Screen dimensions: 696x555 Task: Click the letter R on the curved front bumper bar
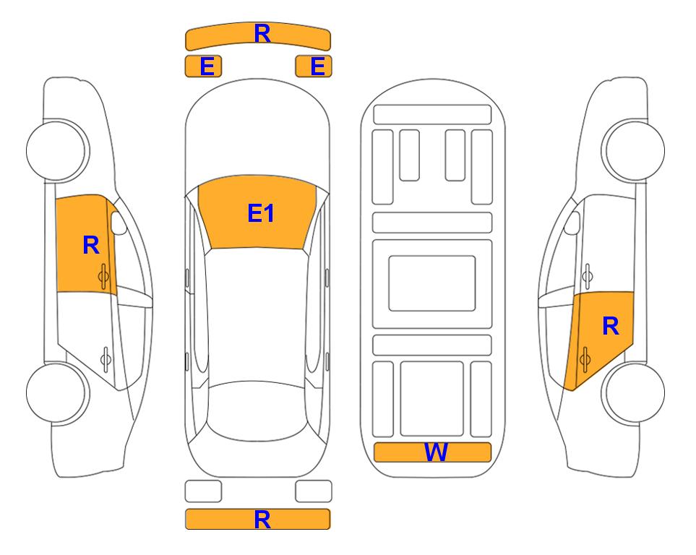pyautogui.click(x=262, y=33)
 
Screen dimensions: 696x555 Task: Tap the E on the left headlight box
pyautogui.click(x=207, y=66)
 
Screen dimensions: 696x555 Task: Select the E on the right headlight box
pyautogui.click(x=318, y=66)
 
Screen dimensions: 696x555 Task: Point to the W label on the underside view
pyautogui.click(x=435, y=452)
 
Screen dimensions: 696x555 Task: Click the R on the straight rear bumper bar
pyautogui.click(x=262, y=519)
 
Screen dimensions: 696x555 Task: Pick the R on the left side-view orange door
pyautogui.click(x=91, y=245)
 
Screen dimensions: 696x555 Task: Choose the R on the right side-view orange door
pyautogui.click(x=610, y=326)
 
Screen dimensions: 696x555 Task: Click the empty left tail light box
pyautogui.click(x=203, y=491)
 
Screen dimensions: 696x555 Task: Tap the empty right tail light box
pyautogui.click(x=314, y=491)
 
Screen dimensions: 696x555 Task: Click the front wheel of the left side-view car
pyautogui.click(x=56, y=150)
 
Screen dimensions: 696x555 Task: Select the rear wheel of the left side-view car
pyautogui.click(x=56, y=392)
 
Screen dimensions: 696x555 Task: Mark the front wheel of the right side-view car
pyautogui.click(x=633, y=150)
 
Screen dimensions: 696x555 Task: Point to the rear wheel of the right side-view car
pyautogui.click(x=633, y=392)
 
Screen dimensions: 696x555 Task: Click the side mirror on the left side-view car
pyautogui.click(x=118, y=223)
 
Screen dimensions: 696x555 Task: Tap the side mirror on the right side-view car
pyautogui.click(x=572, y=223)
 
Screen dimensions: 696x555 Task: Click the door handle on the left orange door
pyautogui.click(x=104, y=276)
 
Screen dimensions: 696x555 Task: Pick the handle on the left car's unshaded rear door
pyautogui.click(x=106, y=358)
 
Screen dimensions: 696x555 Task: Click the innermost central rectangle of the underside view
pyautogui.click(x=432, y=283)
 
